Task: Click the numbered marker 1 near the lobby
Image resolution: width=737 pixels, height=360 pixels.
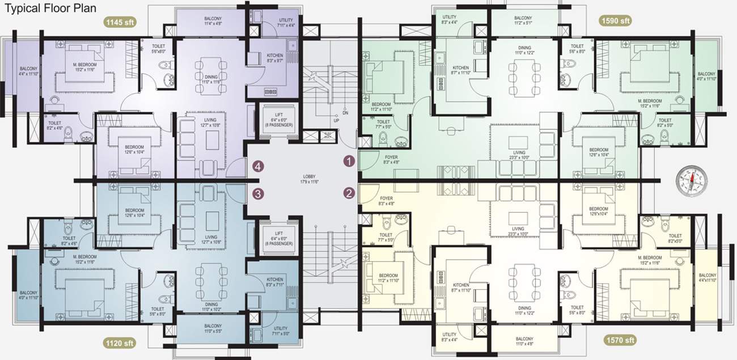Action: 349,161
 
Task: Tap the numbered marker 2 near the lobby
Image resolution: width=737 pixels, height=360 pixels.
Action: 349,193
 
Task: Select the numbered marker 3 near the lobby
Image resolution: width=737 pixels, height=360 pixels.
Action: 259,193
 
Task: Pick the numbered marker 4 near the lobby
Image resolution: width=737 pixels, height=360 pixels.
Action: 259,166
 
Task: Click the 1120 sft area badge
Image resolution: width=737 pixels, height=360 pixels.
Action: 120,343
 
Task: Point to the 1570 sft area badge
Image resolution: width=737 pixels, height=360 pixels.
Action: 619,340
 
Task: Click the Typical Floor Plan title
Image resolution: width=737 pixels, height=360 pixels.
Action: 50,8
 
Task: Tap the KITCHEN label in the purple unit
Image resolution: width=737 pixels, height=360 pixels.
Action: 274,56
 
